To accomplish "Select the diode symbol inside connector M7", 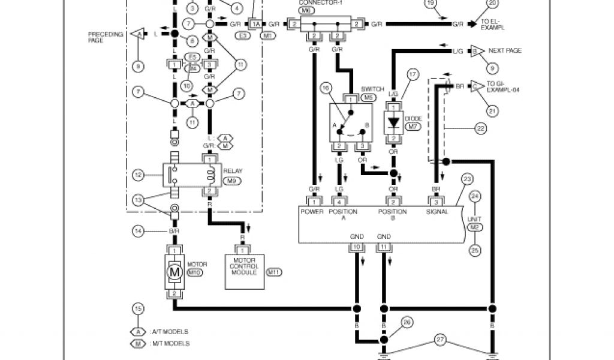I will coord(394,123).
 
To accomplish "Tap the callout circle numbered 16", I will coord(326,88).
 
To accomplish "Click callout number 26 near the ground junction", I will coord(407,322).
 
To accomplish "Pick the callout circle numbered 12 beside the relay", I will coord(138,175).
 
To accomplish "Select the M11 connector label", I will coord(274,272).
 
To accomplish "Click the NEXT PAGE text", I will coord(505,51).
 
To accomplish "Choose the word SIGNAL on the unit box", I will coord(438,212).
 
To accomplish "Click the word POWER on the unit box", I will coord(312,212).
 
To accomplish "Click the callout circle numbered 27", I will coord(440,340).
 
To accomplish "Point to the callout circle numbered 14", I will coord(139,230).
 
